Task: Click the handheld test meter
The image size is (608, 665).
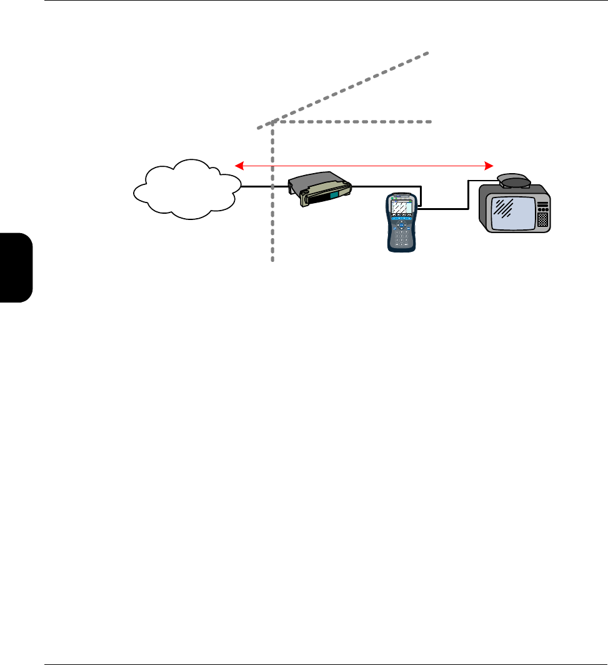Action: click(x=401, y=222)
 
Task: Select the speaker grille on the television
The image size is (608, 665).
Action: click(x=542, y=219)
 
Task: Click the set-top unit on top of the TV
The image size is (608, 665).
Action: click(x=514, y=181)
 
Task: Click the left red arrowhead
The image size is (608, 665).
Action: click(x=239, y=165)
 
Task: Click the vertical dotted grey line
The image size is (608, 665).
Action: click(x=273, y=206)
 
